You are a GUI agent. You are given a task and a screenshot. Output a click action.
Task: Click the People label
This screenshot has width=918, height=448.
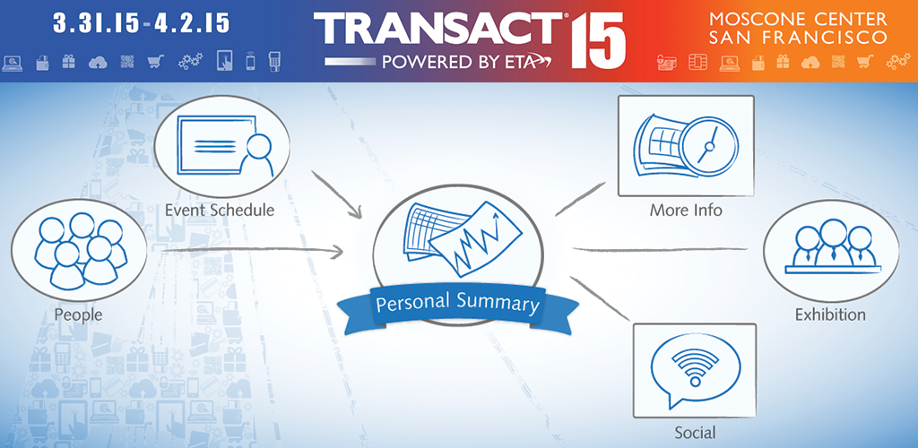tap(79, 315)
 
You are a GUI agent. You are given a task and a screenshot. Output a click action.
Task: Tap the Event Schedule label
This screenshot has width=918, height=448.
tap(220, 210)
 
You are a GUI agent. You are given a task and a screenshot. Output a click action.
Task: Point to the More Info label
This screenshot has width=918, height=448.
tap(686, 210)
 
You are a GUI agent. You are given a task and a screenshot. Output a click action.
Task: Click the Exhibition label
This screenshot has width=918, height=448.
tap(829, 314)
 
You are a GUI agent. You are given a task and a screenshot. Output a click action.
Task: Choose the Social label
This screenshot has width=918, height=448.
tap(695, 433)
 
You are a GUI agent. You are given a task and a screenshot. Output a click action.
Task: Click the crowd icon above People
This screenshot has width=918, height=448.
tap(80, 250)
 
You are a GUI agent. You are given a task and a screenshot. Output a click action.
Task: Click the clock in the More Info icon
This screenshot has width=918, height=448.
tap(709, 145)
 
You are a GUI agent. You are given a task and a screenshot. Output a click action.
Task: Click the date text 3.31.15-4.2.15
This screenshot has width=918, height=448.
tap(141, 23)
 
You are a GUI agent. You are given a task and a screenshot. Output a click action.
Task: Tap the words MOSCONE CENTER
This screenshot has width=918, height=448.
tap(798, 19)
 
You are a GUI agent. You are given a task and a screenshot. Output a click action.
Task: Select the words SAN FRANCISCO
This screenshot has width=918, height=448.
tap(798, 38)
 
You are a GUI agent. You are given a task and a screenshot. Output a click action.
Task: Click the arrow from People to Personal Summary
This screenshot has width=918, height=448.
tap(252, 251)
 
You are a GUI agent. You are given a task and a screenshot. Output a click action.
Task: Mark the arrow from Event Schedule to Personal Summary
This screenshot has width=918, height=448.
tap(336, 194)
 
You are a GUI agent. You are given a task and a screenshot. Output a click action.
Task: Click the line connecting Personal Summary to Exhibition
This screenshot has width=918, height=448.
tap(661, 250)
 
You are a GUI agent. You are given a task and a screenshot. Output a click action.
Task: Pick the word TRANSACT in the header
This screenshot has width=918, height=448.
tap(437, 30)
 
